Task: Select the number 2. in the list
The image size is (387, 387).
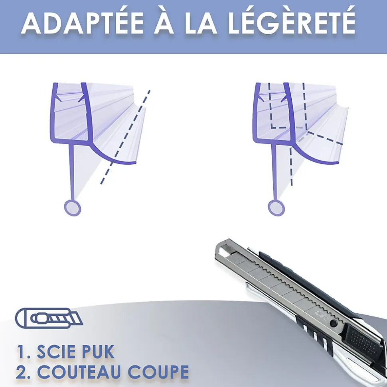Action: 24,372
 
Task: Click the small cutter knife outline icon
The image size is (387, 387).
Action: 49,318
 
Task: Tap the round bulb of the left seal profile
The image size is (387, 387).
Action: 72,208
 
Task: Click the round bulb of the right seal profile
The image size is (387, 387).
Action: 276,208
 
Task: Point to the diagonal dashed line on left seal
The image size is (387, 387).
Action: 125,137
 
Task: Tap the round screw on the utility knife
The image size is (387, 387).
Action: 334,322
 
